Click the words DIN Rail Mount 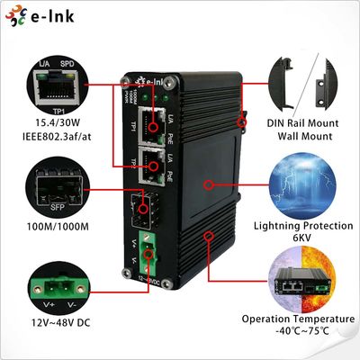click(x=298, y=121)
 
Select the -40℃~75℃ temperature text click(x=299, y=332)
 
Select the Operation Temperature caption click(x=299, y=319)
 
